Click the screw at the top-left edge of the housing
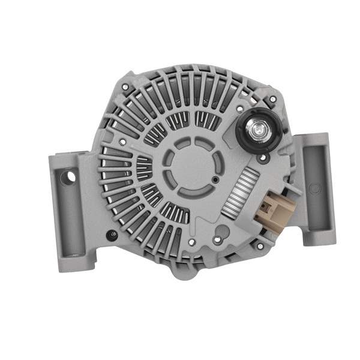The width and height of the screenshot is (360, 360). coord(124,88)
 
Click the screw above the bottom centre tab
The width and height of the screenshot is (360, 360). coord(191,243)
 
